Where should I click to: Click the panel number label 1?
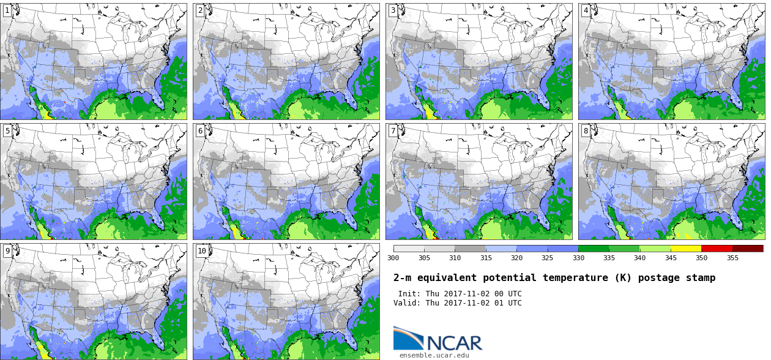pos(7,10)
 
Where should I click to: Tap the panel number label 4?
pos(586,10)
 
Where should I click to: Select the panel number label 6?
pos(200,130)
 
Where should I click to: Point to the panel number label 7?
pos(393,130)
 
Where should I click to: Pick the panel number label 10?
pos(202,251)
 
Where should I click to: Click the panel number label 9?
pos(7,251)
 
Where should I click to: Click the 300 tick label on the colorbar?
pos(393,258)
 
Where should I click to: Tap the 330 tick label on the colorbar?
pos(578,258)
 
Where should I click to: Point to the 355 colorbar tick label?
pos(732,258)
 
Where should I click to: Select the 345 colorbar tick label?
pos(671,258)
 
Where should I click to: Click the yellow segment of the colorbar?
pos(686,249)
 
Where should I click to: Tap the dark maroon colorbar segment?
pos(748,249)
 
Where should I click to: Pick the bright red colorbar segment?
pos(717,249)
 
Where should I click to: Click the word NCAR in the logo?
pos(455,343)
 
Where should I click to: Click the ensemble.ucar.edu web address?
pos(434,355)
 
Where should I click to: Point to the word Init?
pos(409,294)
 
